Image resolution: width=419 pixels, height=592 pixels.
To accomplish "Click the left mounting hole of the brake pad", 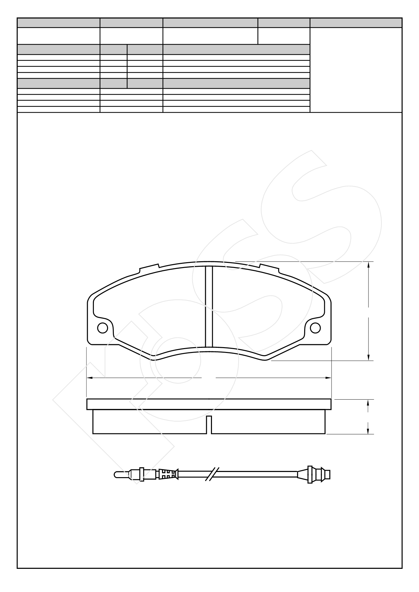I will (x=103, y=328).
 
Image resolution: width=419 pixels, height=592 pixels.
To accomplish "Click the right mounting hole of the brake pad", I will (x=315, y=328).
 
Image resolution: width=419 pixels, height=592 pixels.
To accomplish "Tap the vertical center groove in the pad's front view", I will (x=209, y=306).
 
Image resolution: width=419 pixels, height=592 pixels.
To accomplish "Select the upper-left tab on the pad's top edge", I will (x=149, y=268).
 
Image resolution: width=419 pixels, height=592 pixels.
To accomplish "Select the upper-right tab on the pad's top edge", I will (x=269, y=268).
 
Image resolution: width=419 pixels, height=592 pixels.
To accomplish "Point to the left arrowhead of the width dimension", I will (x=90, y=377).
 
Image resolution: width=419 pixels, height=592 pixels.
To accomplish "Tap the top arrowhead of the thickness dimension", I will (x=368, y=402).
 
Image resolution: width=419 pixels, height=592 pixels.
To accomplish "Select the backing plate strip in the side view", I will (x=209, y=404).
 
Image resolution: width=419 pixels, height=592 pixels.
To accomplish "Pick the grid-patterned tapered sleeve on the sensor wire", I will (x=167, y=474).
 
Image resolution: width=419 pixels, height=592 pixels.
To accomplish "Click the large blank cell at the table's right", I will (x=356, y=70).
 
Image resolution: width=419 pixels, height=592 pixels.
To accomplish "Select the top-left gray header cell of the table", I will (x=59, y=23).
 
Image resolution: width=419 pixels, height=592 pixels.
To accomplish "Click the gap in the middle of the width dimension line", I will (x=209, y=377).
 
